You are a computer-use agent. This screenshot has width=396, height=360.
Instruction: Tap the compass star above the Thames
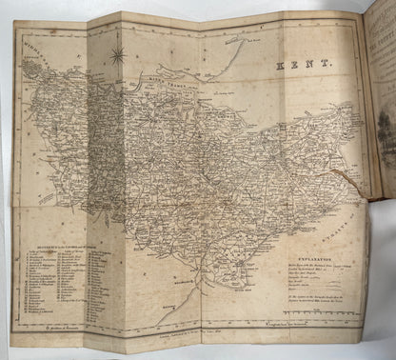(x=117, y=55)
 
